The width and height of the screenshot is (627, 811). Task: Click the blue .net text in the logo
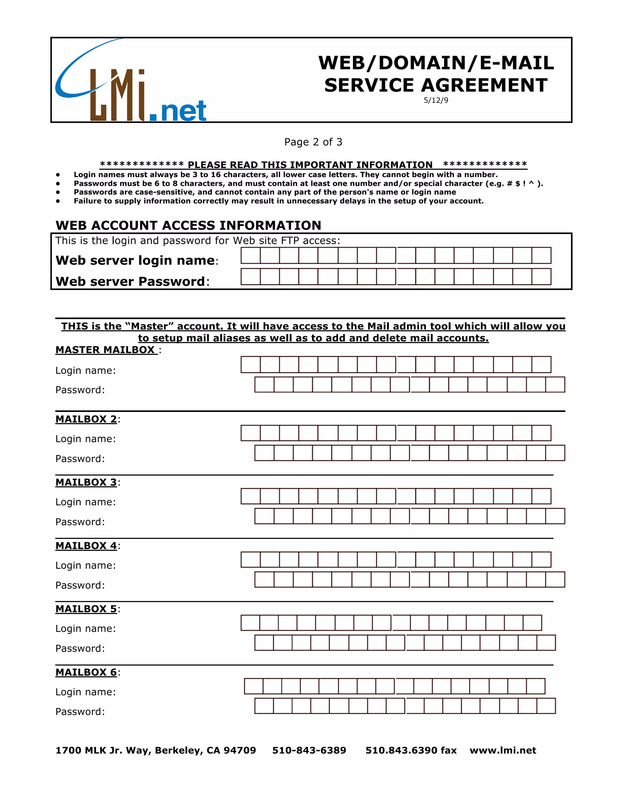pyautogui.click(x=178, y=111)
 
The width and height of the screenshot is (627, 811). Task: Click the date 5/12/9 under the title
pyautogui.click(x=436, y=100)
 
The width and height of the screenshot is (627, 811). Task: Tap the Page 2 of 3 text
pyautogui.click(x=313, y=142)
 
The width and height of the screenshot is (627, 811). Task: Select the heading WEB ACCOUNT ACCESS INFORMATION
pyautogui.click(x=188, y=226)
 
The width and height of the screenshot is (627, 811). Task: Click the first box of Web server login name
pyautogui.click(x=250, y=256)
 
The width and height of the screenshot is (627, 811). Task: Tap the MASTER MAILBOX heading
pyautogui.click(x=106, y=350)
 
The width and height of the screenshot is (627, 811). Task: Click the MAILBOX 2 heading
pyautogui.click(x=86, y=419)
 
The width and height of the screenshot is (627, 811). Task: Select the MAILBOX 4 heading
pyautogui.click(x=86, y=545)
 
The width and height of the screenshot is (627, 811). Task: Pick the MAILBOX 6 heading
pyautogui.click(x=86, y=672)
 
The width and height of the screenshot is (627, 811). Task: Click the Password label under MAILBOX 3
pyautogui.click(x=80, y=522)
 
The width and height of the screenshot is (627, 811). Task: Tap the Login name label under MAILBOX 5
pyautogui.click(x=85, y=628)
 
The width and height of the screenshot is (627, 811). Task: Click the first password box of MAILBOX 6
pyautogui.click(x=264, y=706)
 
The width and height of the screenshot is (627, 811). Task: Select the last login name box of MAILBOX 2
pyautogui.click(x=541, y=433)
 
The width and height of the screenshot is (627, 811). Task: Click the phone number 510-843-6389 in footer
pyautogui.click(x=309, y=750)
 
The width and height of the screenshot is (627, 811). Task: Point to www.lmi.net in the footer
pyautogui.click(x=503, y=750)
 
